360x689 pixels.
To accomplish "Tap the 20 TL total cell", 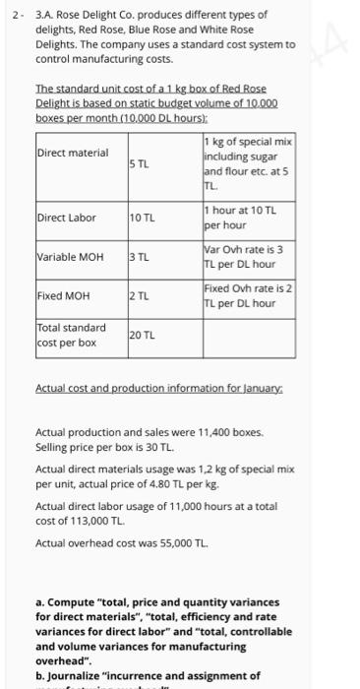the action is (145, 337).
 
